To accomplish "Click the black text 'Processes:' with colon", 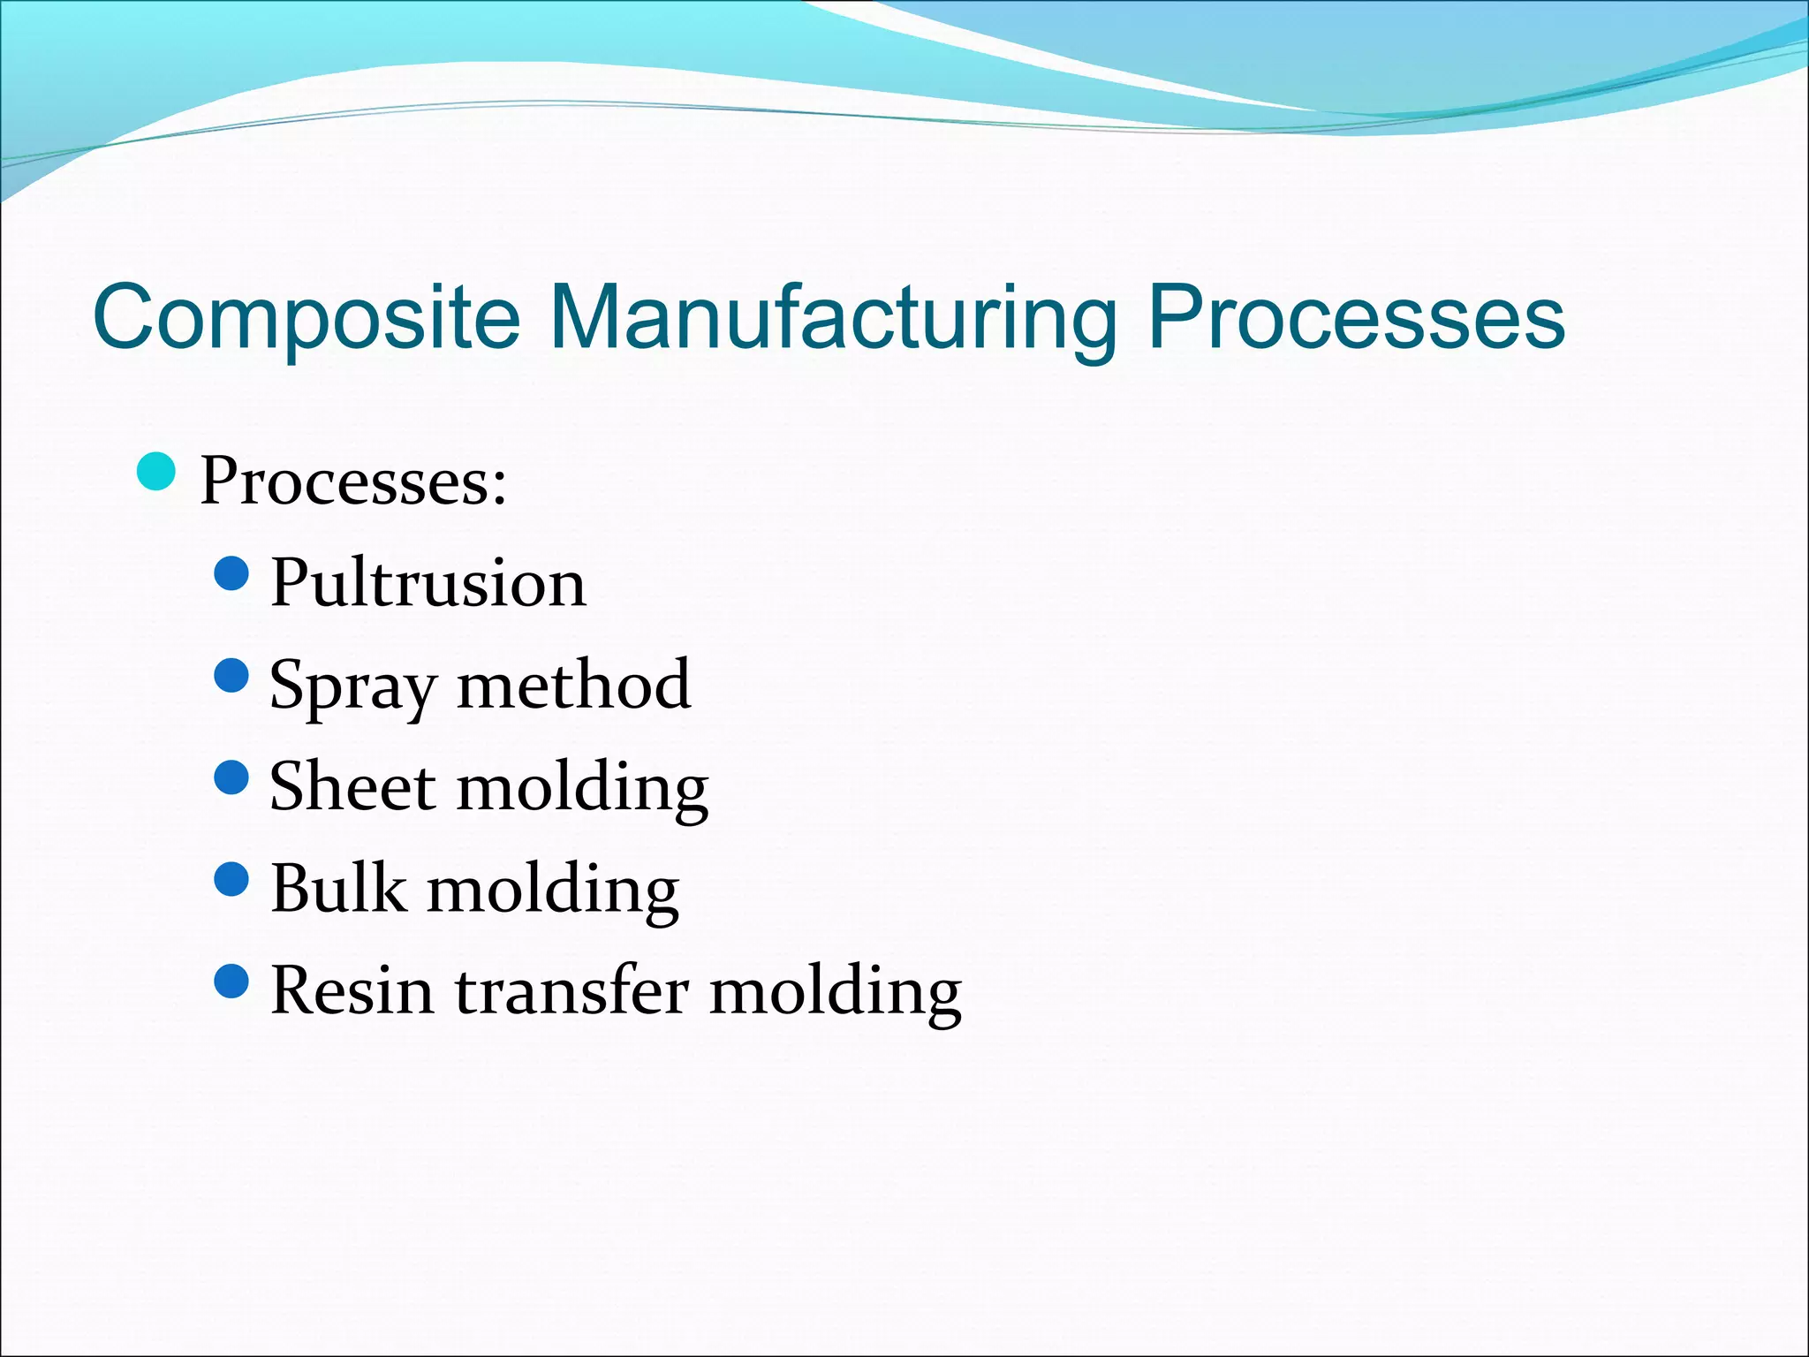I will pyautogui.click(x=353, y=482).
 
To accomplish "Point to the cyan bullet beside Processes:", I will pyautogui.click(x=157, y=471).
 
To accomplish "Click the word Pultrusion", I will pyautogui.click(x=428, y=583).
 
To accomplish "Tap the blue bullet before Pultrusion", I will pyautogui.click(x=232, y=573).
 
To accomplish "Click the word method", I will pyautogui.click(x=573, y=685).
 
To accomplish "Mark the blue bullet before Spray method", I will pyautogui.click(x=232, y=676).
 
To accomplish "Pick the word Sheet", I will pyautogui.click(x=352, y=786).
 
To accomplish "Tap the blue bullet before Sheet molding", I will pyautogui.click(x=232, y=777).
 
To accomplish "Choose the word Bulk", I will pyautogui.click(x=338, y=888).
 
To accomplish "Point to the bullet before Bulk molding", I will pyautogui.click(x=232, y=879).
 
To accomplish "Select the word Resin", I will pyautogui.click(x=352, y=990).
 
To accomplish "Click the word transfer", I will pyautogui.click(x=571, y=990).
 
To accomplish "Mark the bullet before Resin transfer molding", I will pyautogui.click(x=232, y=981).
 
